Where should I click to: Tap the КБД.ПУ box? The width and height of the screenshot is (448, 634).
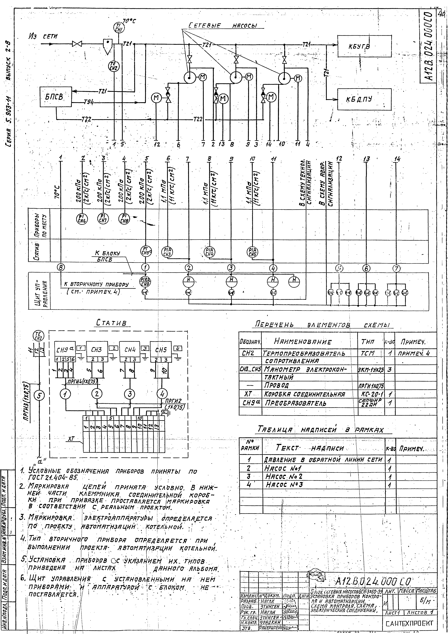pyautogui.click(x=364, y=99)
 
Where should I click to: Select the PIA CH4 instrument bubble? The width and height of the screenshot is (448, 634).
pyautogui.click(x=210, y=252)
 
